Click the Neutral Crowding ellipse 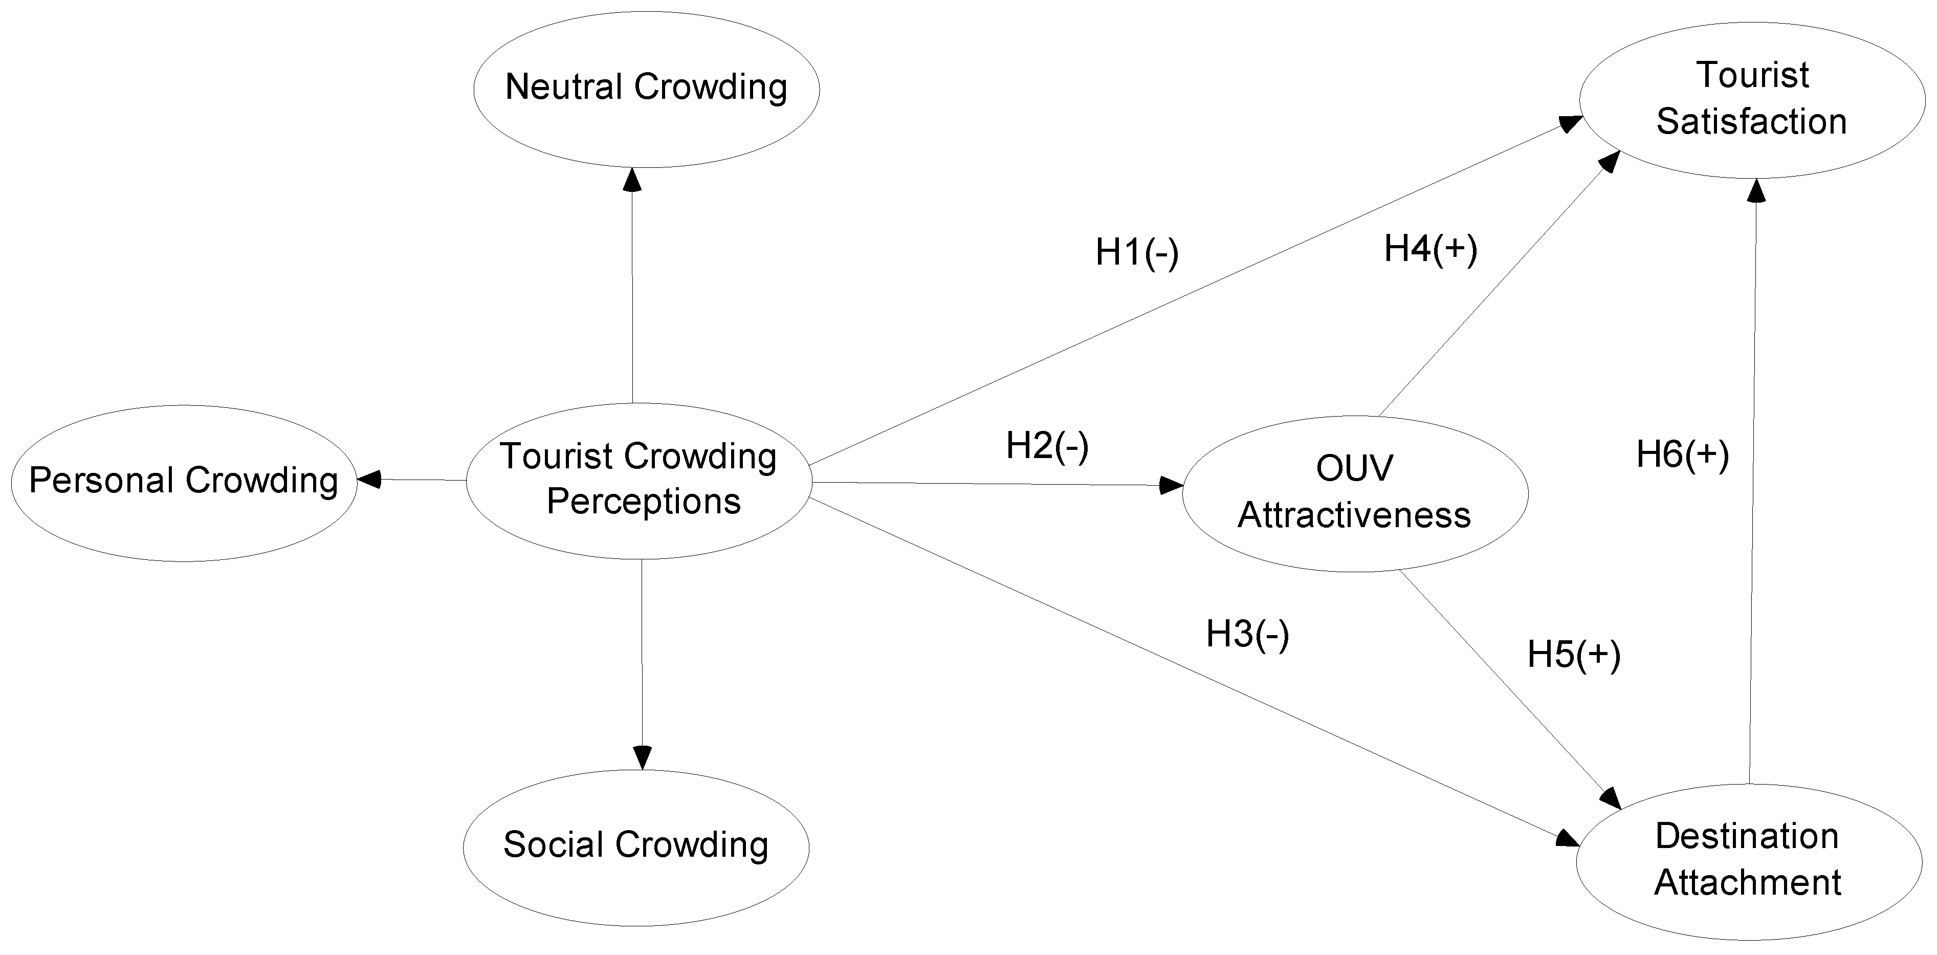pos(646,89)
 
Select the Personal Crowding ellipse pos(184,482)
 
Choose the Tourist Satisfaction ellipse pos(1751,99)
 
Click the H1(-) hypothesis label pos(1136,253)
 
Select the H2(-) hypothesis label pos(1047,446)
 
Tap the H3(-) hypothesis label pos(1247,634)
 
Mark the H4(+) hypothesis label pos(1430,249)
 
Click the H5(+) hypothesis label pos(1573,654)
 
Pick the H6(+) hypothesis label pos(1682,455)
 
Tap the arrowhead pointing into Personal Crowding pos(368,479)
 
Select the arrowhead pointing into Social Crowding pos(642,756)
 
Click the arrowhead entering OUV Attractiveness pos(1172,485)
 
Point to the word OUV pos(1354,468)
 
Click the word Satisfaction pos(1751,122)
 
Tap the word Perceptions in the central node pos(644,502)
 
